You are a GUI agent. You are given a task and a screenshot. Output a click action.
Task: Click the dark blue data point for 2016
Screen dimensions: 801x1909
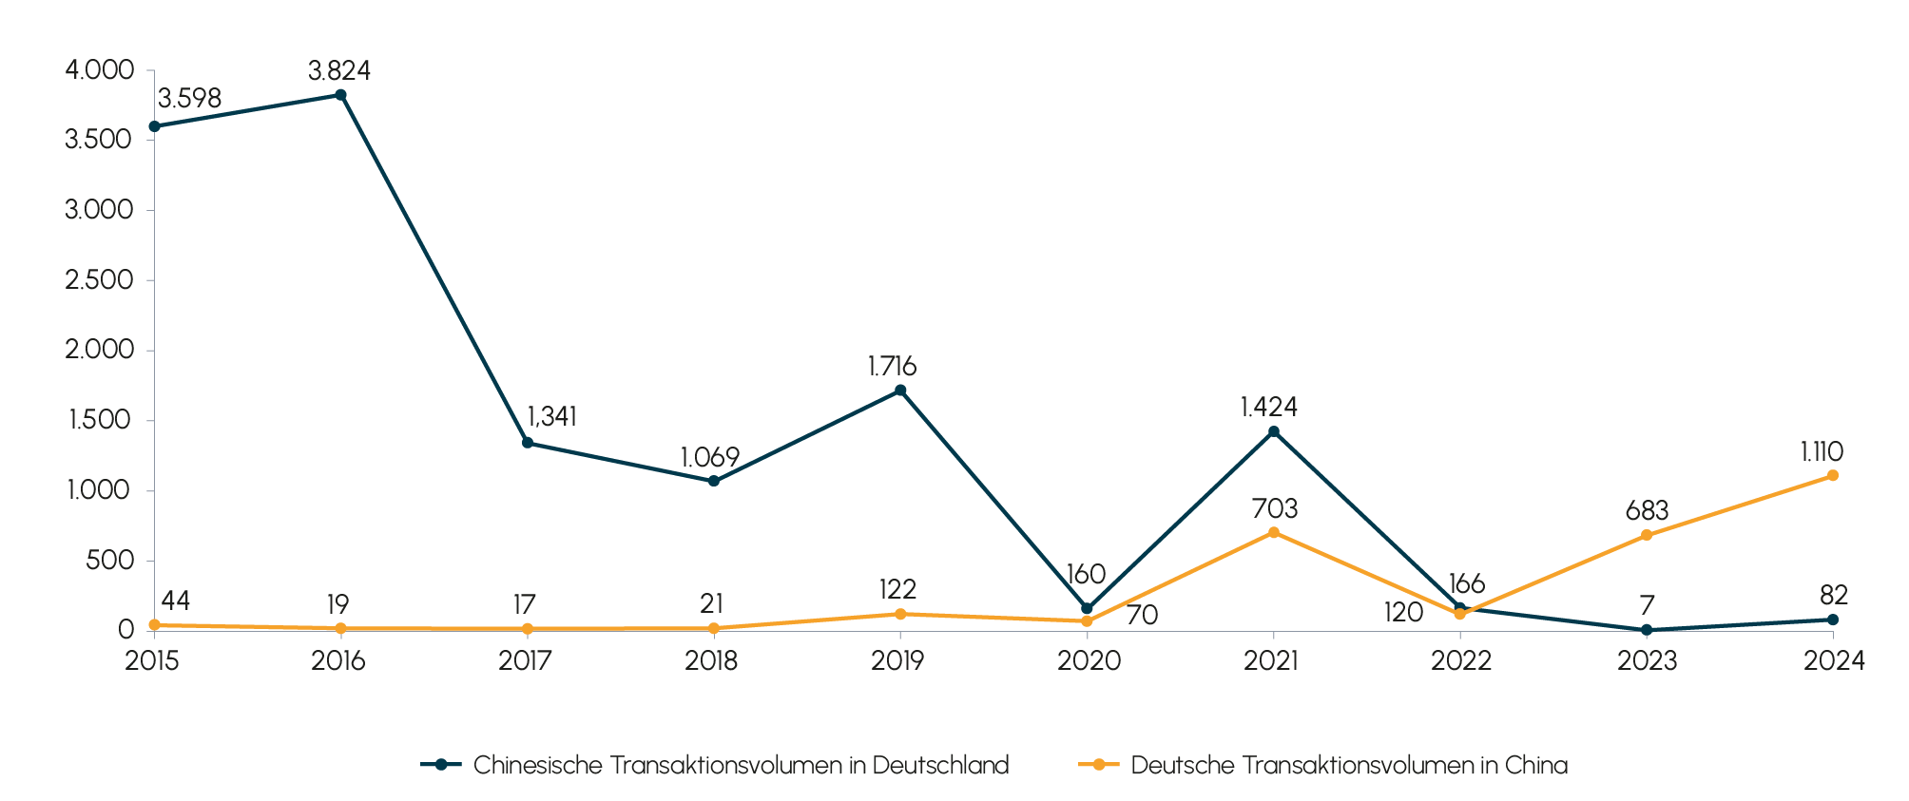click(x=340, y=95)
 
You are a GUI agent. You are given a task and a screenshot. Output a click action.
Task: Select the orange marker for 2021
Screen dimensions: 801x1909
click(x=1273, y=532)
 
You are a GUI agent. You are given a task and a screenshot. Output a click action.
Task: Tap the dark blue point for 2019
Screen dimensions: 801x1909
click(x=900, y=390)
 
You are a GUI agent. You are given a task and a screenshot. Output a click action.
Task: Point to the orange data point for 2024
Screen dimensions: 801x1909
click(x=1832, y=475)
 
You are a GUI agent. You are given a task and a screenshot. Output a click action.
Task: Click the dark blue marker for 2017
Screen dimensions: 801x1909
click(x=528, y=442)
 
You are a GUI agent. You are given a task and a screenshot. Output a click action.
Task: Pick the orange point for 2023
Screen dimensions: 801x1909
click(x=1647, y=535)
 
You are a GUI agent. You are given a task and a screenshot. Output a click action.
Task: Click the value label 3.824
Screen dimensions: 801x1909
click(x=339, y=70)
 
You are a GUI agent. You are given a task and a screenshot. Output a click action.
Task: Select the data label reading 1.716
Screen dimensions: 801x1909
click(x=892, y=366)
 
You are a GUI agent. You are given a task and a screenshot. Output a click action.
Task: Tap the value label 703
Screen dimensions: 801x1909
click(x=1275, y=508)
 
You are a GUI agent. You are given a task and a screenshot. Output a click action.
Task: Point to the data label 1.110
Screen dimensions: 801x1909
click(x=1822, y=451)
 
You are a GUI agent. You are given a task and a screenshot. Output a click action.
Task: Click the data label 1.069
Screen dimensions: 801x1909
click(x=710, y=457)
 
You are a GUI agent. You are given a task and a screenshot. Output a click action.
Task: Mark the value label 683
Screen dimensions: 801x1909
click(x=1647, y=510)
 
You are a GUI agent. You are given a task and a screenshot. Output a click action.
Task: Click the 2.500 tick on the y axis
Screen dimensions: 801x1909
click(x=99, y=280)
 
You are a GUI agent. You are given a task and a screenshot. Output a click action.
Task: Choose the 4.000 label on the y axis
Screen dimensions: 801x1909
click(x=99, y=70)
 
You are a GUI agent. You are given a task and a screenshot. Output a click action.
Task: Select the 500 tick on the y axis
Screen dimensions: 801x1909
click(x=109, y=561)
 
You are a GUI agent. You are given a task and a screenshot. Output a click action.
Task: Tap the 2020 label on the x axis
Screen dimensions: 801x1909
click(x=1089, y=660)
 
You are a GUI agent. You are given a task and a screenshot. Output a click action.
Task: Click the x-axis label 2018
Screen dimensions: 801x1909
click(x=711, y=660)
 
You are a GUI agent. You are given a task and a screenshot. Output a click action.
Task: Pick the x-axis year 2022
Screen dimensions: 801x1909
click(x=1461, y=660)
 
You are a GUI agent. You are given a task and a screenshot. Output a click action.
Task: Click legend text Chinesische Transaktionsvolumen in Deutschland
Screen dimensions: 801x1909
click(x=741, y=765)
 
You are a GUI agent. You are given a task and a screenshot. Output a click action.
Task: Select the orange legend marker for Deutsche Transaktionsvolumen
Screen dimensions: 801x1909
click(x=1099, y=765)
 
